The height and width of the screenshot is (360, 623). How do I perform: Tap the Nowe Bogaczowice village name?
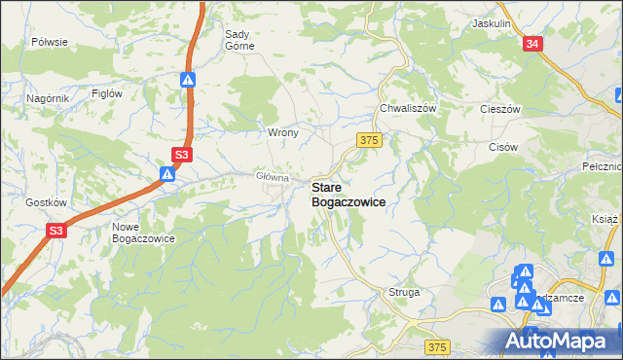[142, 232]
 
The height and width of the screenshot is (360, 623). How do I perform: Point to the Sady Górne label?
[239, 40]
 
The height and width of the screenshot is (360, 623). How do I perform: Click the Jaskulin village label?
[491, 22]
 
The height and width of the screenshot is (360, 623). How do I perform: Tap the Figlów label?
[106, 93]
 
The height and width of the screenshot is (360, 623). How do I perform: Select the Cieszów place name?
[501, 109]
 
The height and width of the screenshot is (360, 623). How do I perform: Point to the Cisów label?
[502, 147]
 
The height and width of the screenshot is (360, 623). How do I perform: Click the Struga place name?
[404, 292]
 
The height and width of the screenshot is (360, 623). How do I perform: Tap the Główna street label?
[273, 177]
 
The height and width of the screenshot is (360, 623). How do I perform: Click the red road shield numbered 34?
[531, 45]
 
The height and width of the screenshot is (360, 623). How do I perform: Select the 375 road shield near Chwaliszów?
[368, 141]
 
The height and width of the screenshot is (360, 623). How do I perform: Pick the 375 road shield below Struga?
[438, 346]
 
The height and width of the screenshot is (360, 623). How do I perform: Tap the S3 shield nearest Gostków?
[56, 231]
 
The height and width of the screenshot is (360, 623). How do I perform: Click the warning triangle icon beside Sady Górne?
[191, 81]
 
